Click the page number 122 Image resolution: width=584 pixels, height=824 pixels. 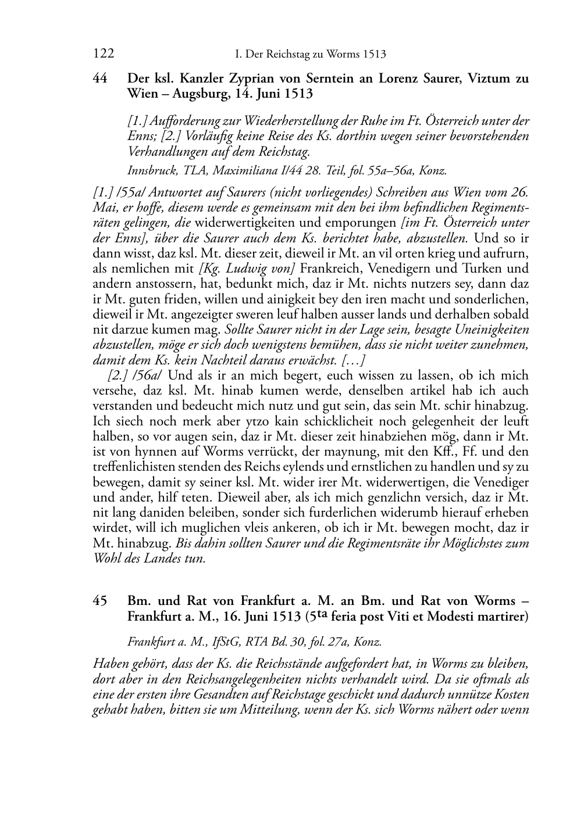tap(103, 54)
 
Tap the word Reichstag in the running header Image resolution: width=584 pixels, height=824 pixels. tap(299, 55)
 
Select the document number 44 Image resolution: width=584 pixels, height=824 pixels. tap(100, 78)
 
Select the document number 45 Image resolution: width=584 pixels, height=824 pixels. tap(100, 601)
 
